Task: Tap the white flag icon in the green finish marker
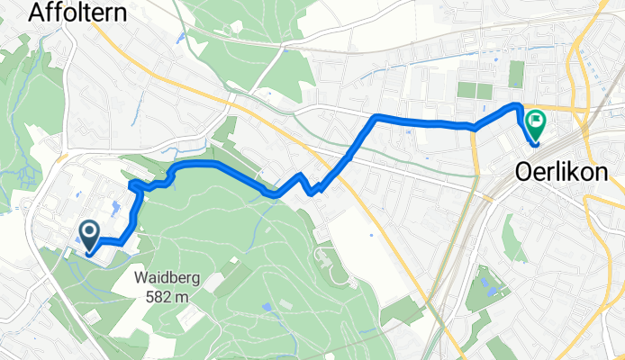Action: click(536, 118)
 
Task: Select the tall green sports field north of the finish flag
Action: click(515, 75)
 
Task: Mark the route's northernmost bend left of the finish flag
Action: click(518, 106)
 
